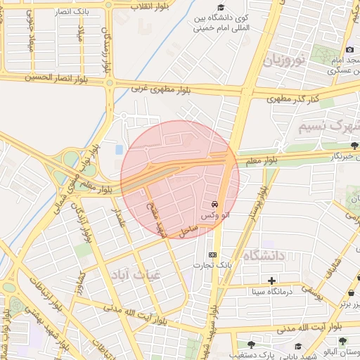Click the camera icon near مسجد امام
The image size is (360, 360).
pyautogui.click(x=350, y=50)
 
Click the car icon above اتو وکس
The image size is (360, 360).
pyautogui.click(x=214, y=205)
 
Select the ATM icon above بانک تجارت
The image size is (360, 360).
pyautogui.click(x=212, y=255)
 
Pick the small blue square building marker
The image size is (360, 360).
pyautogui.click(x=118, y=150)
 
